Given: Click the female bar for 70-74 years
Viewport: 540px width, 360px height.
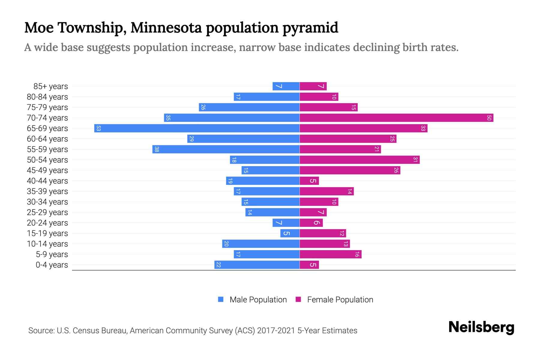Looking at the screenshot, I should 396,118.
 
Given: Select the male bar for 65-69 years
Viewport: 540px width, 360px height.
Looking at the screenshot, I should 197,128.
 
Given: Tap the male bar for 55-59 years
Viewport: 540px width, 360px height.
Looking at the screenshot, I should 226,149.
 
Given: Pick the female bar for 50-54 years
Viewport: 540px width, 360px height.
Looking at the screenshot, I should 359,160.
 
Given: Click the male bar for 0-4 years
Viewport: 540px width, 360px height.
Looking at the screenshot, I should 257,265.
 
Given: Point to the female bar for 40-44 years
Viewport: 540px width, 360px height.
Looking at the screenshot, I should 309,181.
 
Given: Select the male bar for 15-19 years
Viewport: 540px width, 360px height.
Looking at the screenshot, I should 290,233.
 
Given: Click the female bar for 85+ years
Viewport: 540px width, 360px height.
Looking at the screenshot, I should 313,86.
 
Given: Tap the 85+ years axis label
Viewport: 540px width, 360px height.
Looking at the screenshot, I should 51,86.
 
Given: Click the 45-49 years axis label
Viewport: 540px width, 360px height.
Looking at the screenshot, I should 47,170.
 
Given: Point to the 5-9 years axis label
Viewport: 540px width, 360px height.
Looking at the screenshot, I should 52,254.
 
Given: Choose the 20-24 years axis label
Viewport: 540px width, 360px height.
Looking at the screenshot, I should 47,223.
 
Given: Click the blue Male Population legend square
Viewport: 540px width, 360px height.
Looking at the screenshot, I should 221,299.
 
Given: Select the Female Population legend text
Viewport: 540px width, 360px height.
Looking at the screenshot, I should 340,300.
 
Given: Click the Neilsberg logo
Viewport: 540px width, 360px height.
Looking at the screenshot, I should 481,327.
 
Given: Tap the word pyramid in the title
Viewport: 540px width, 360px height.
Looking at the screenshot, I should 310,28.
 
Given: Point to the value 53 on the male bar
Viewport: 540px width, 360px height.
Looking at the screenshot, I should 98,128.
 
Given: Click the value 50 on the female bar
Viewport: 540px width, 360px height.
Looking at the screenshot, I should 489,118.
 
